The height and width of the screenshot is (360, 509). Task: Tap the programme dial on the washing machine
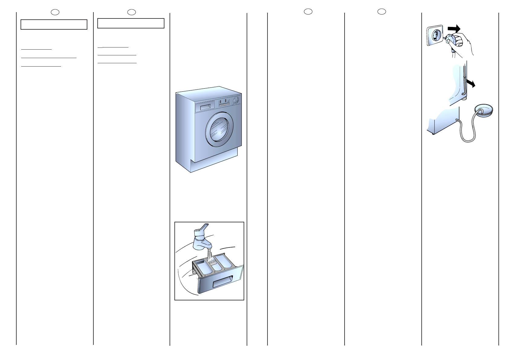237,100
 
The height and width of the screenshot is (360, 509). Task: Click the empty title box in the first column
54,25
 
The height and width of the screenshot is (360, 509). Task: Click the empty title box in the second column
131,23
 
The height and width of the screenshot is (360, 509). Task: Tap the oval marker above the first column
55,12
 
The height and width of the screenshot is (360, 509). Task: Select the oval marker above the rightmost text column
382,11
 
